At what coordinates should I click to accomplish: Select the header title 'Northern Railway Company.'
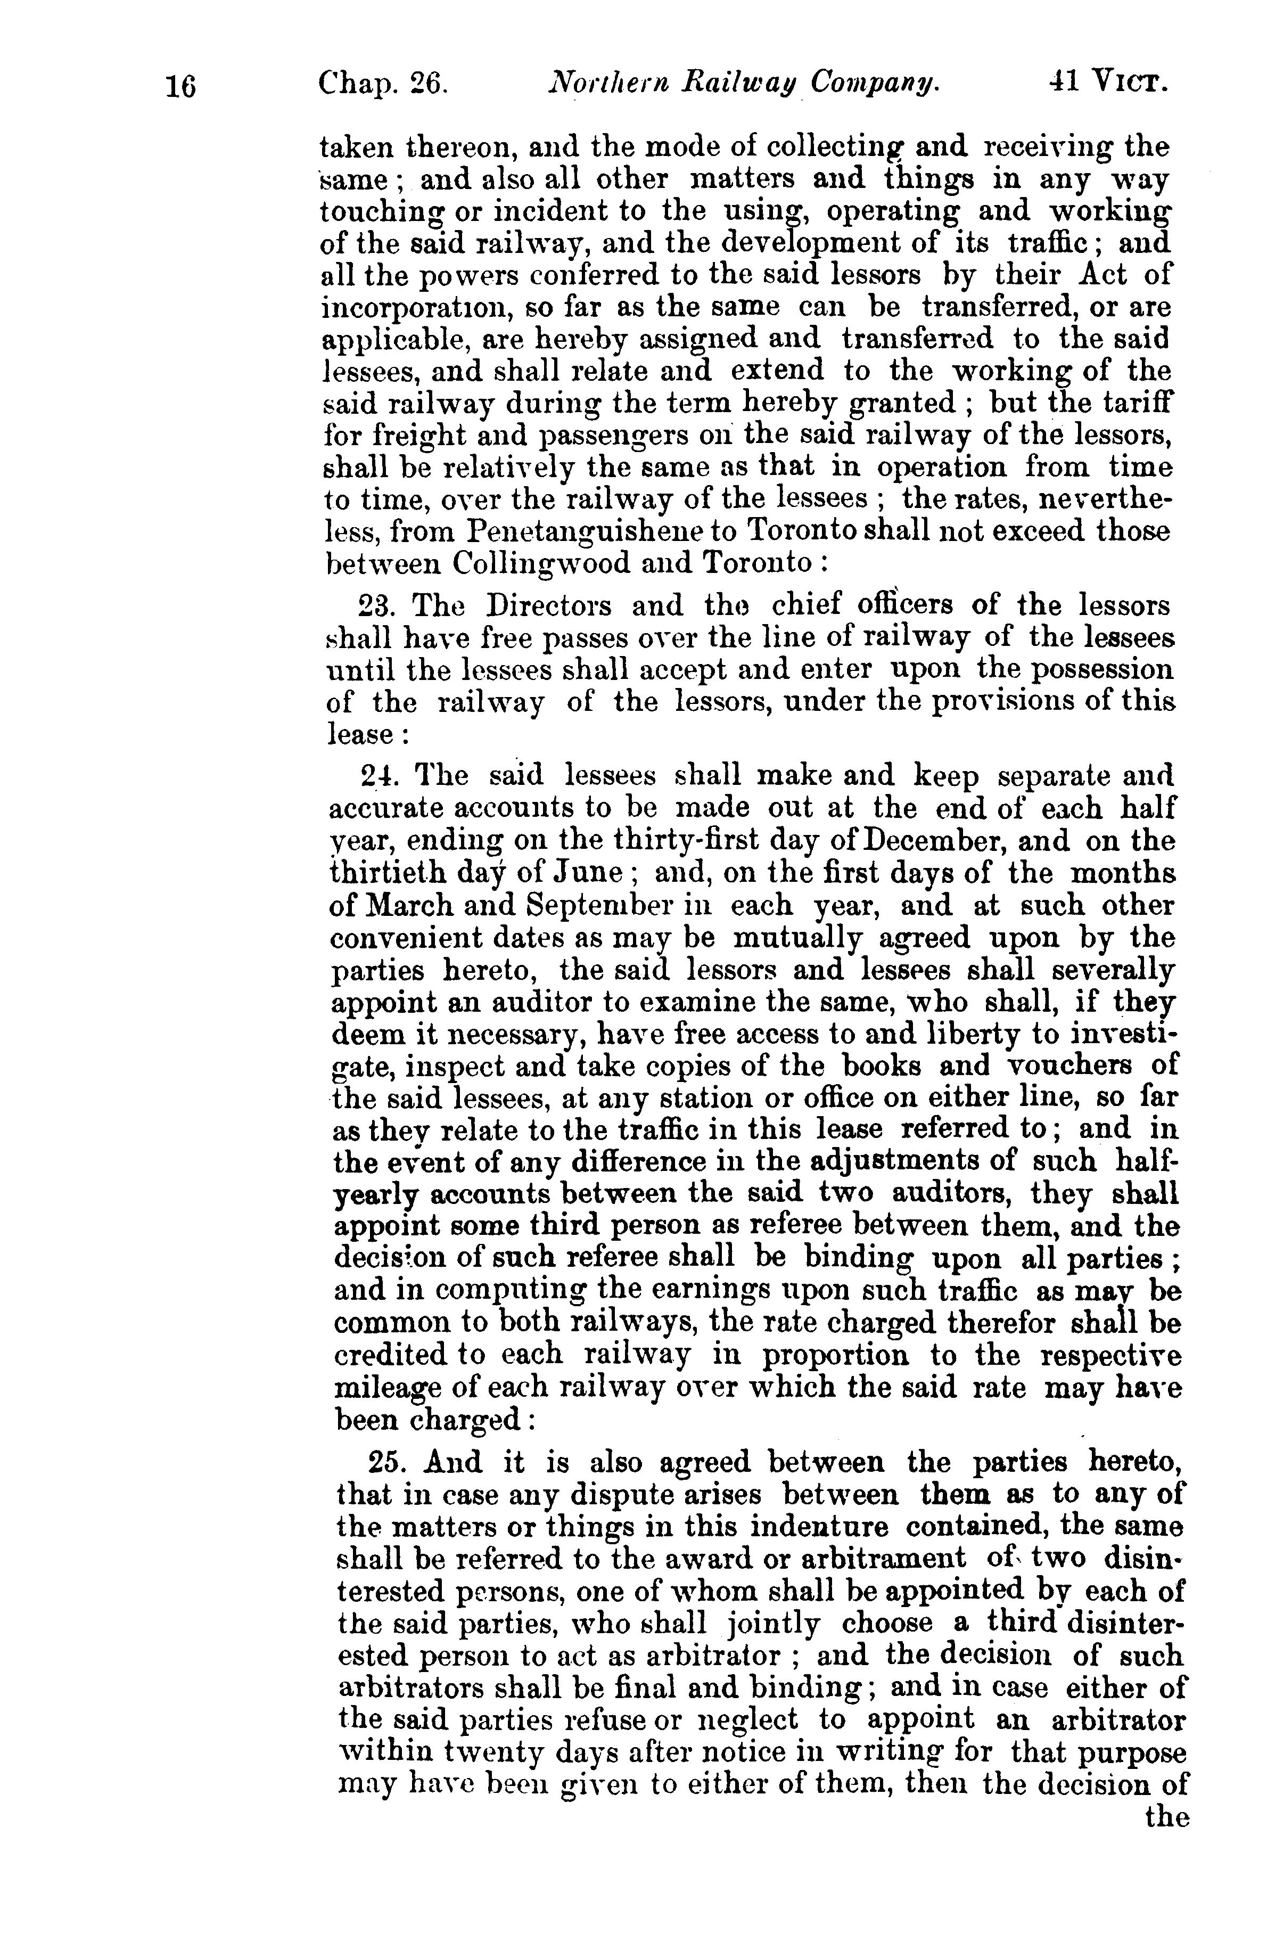744,83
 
